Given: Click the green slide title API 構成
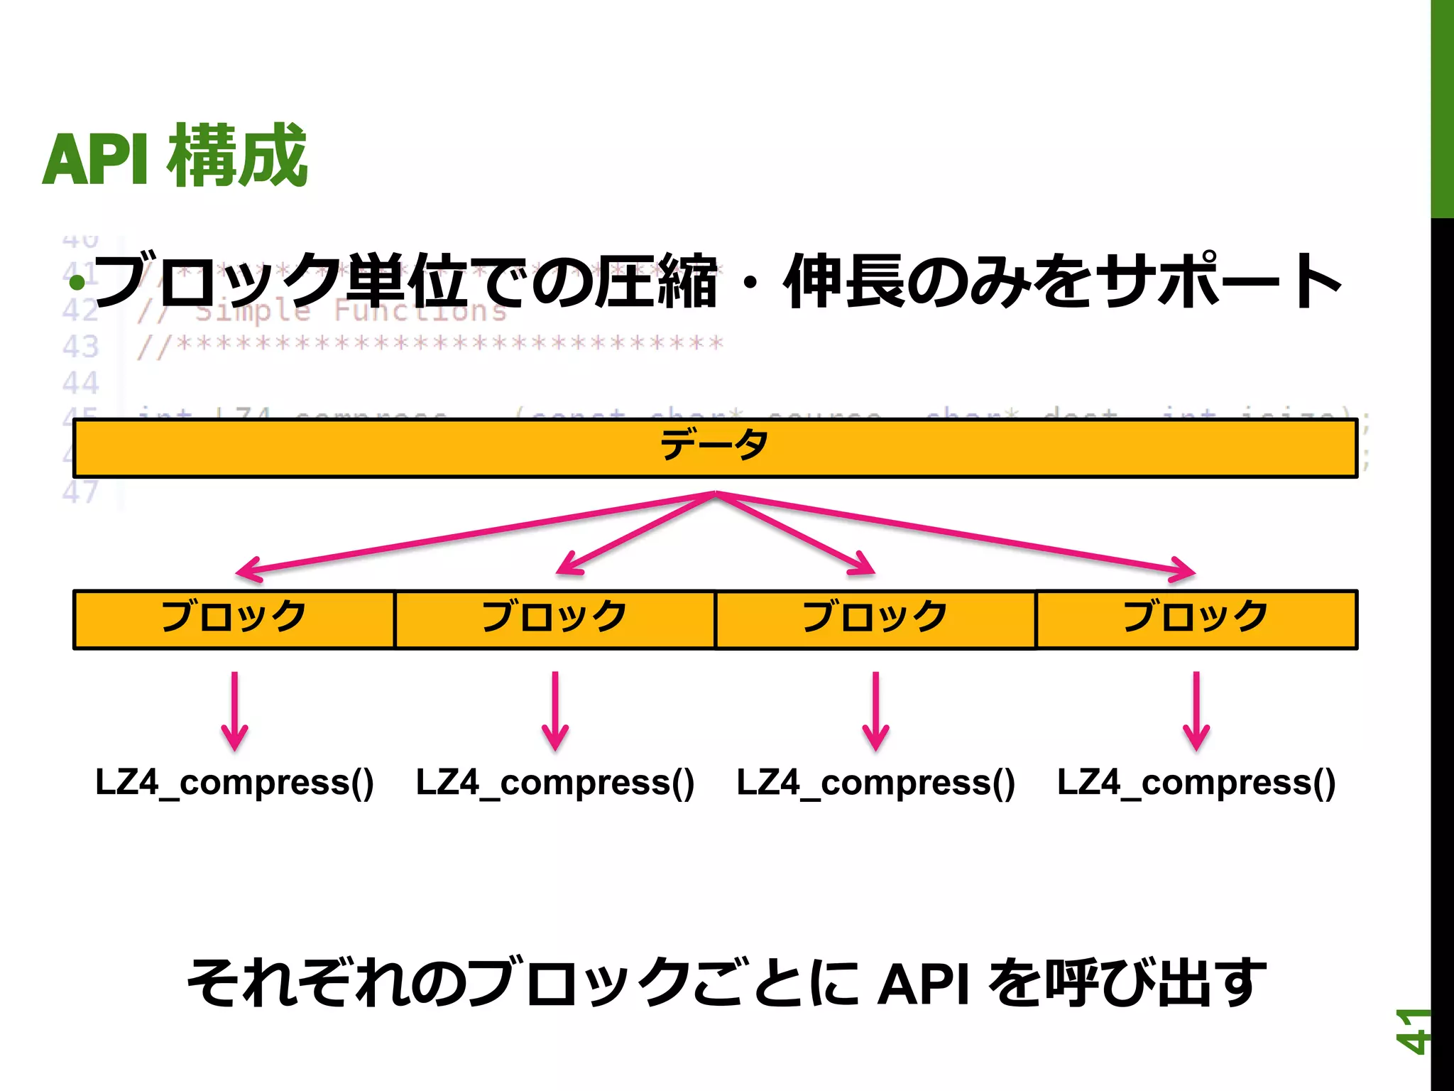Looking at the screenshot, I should (175, 156).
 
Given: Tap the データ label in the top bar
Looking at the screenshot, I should (714, 446).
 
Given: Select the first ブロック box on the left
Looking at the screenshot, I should (234, 618).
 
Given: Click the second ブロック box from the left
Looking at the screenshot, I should (554, 618).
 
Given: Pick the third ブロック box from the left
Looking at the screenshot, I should (875, 618).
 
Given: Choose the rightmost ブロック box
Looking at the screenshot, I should (1196, 618).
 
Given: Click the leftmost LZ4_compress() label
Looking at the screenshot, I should (234, 783).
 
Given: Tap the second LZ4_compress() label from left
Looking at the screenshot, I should (554, 783).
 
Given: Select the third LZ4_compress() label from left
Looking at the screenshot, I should (875, 783).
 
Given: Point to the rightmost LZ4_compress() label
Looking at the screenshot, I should (1196, 783).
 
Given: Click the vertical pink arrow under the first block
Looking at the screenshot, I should (234, 710).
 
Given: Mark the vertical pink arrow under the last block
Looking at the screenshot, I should (1196, 710).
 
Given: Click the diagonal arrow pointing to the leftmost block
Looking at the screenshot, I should (469, 533).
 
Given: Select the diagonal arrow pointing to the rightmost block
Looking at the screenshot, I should (958, 533).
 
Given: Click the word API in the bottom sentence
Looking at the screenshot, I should (923, 984).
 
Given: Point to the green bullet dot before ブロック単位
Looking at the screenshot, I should (77, 283).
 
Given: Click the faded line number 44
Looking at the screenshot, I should (80, 384).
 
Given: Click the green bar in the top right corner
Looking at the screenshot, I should (1442, 107).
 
